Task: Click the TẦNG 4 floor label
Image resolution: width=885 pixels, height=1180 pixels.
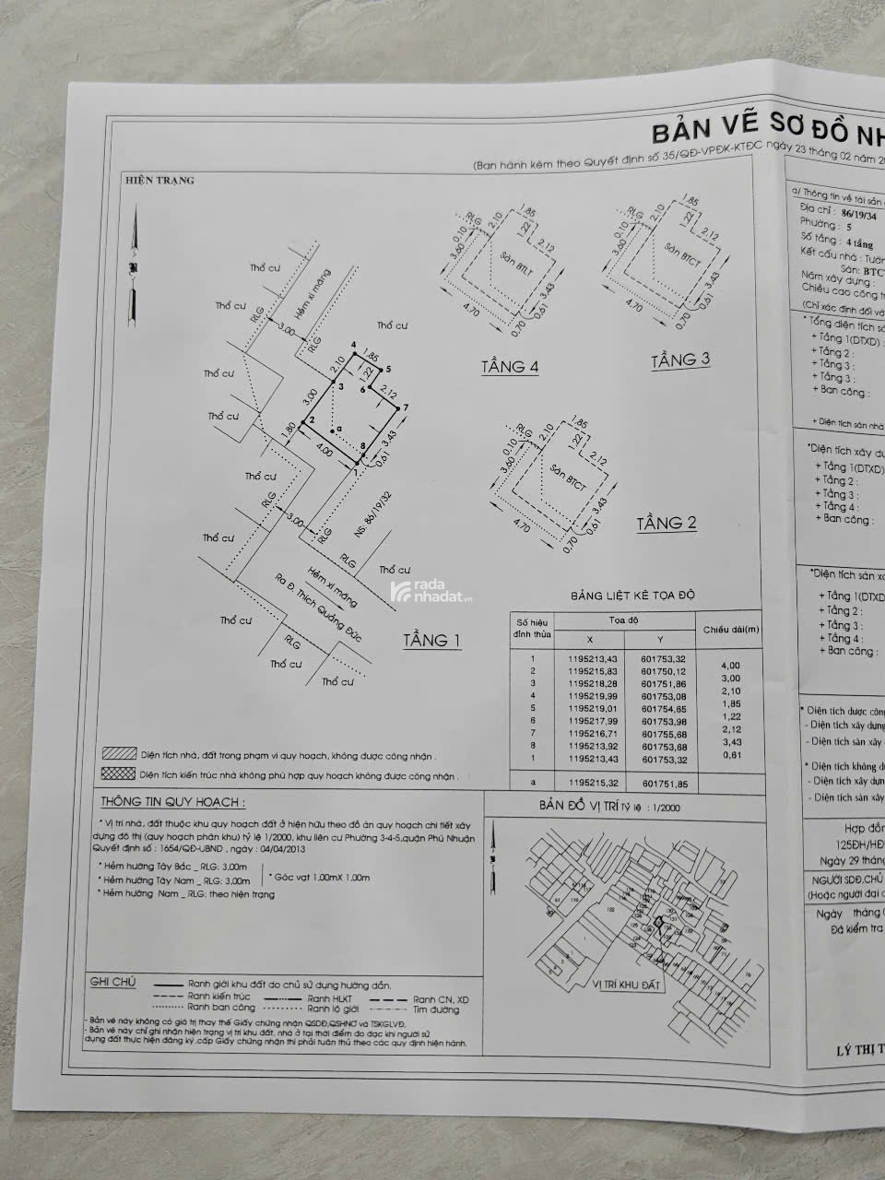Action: (x=509, y=367)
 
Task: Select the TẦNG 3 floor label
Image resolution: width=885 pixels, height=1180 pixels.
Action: (x=680, y=359)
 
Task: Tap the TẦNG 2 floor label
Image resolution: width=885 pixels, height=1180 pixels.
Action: (x=667, y=524)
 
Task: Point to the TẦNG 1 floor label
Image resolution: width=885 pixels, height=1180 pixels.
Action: (x=431, y=640)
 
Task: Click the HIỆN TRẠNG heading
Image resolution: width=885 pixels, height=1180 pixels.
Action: (x=159, y=181)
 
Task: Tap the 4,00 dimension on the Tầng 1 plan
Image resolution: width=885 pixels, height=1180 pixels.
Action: (x=323, y=451)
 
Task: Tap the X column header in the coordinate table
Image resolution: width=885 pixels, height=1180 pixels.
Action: (x=591, y=640)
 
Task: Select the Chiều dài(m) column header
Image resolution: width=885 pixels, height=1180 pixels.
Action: (x=731, y=630)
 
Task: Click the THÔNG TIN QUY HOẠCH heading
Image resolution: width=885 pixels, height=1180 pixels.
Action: (x=172, y=802)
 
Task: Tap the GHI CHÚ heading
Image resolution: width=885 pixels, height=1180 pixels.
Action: (x=112, y=982)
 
